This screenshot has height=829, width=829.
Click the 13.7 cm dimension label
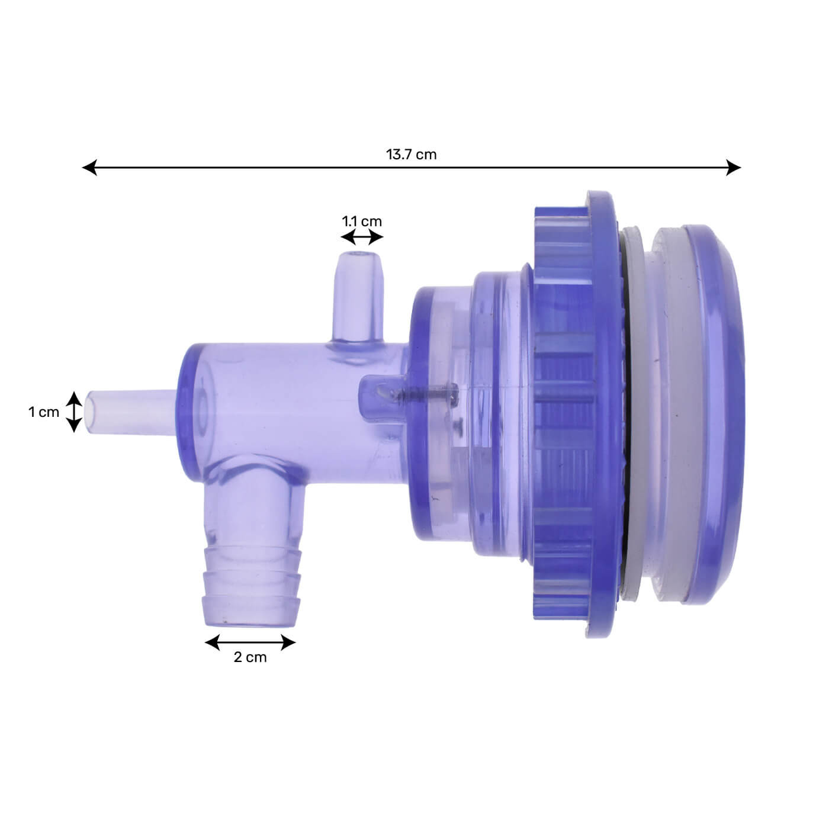(x=412, y=155)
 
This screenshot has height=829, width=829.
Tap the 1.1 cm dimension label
(x=362, y=221)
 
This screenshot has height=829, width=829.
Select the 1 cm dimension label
(x=44, y=412)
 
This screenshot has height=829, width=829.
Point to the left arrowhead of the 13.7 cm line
(x=89, y=168)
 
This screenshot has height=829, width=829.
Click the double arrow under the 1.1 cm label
(x=362, y=238)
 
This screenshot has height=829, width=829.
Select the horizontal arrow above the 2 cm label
(x=250, y=642)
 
